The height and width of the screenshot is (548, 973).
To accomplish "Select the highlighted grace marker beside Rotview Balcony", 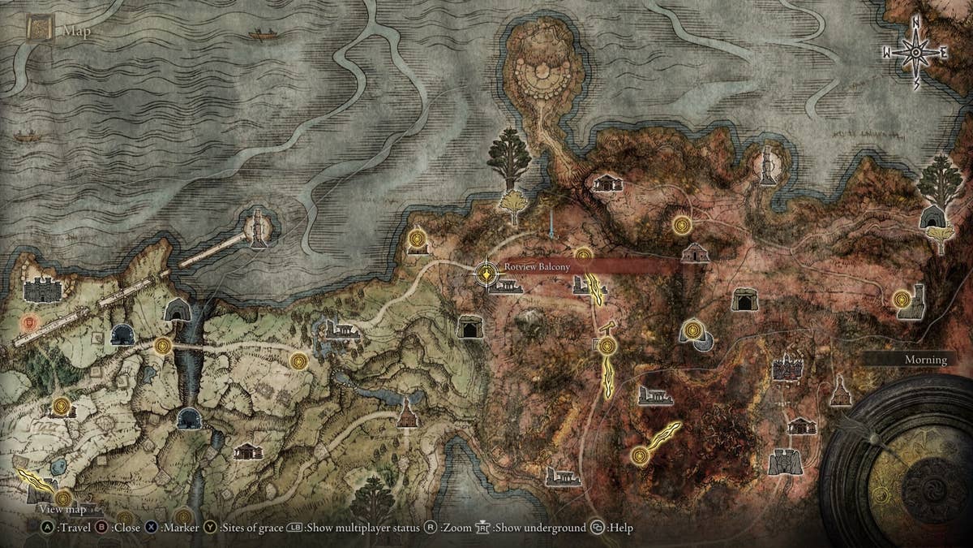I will tap(486, 273).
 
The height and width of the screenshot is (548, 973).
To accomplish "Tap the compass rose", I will tap(916, 53).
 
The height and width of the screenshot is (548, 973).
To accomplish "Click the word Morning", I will tap(925, 360).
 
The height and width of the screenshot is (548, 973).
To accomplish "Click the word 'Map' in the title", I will tap(77, 32).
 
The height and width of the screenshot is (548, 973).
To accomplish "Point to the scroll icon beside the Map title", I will tap(39, 30).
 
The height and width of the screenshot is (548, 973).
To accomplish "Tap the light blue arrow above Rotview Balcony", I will tap(551, 225).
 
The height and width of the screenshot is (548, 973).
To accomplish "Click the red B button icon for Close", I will tap(102, 528).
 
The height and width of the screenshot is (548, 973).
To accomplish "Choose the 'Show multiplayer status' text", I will tap(362, 528).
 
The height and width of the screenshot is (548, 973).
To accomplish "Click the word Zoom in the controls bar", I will tap(456, 528).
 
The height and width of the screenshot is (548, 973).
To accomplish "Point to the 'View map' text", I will tap(62, 509).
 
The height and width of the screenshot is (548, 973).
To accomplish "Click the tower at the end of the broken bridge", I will tap(259, 229).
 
